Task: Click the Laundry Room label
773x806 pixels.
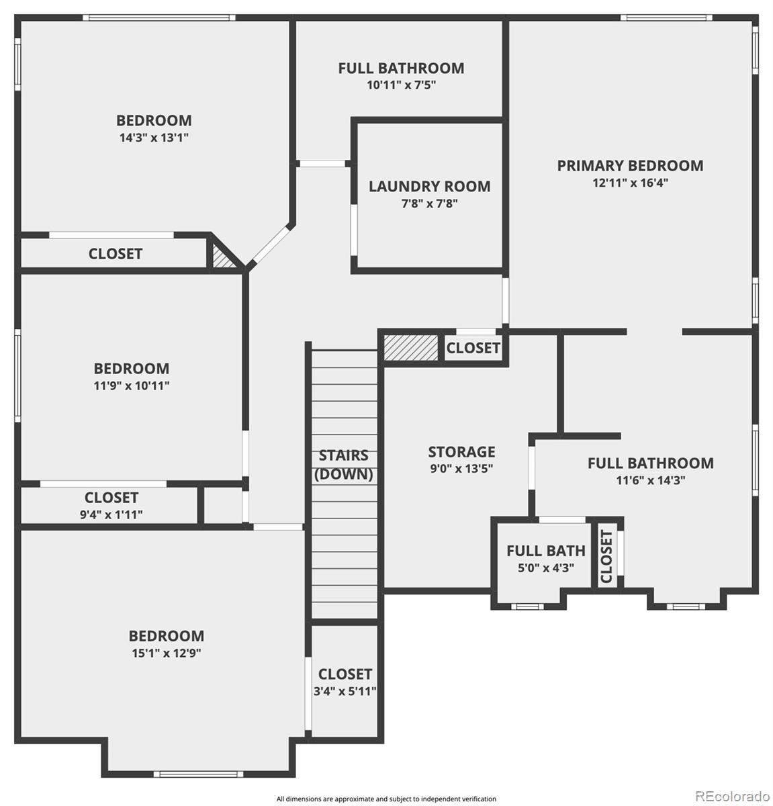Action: (429, 186)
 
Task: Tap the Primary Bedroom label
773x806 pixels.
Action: (630, 165)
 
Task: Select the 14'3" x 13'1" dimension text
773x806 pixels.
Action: (154, 138)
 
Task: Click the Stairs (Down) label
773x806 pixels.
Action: (344, 465)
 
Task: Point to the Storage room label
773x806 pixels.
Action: (461, 451)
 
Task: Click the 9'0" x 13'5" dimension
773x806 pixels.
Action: (461, 469)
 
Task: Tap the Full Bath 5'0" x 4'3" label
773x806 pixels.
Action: (545, 551)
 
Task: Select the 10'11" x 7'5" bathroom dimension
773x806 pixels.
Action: (401, 85)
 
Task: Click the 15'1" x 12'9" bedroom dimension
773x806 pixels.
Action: (166, 653)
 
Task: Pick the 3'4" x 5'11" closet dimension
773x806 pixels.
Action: (345, 691)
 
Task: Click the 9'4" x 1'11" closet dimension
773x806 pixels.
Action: (111, 515)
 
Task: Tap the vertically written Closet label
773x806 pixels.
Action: (606, 556)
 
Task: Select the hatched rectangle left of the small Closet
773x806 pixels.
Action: (410, 347)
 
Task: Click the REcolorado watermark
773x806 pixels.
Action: (730, 796)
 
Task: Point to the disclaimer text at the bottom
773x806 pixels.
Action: (386, 799)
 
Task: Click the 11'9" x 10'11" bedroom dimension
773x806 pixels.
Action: (131, 386)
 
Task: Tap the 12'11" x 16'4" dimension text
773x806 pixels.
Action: (630, 183)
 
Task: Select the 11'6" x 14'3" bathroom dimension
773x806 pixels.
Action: (650, 480)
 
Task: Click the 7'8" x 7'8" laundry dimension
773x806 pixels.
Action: (429, 204)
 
